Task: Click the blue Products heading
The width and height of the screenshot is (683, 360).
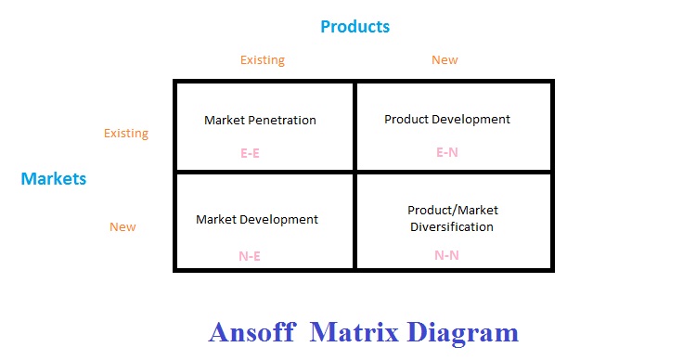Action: pos(355,27)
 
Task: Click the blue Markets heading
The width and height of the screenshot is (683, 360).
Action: pos(54,178)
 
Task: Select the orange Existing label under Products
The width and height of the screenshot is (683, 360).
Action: pos(263,59)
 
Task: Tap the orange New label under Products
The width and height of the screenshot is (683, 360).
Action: pos(445,59)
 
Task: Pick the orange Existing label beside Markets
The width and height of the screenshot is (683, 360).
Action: pos(126,133)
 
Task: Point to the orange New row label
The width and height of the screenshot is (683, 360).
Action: pos(122,226)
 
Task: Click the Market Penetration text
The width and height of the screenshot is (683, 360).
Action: pos(260,120)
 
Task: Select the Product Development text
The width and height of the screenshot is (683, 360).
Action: pos(447,120)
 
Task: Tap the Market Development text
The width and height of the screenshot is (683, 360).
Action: pos(257,219)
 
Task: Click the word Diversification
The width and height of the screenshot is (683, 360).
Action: pos(452,226)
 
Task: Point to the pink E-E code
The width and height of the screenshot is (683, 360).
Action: pos(250,153)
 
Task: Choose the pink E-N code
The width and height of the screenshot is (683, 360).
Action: pos(447,152)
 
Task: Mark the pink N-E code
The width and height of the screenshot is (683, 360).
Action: pos(250,256)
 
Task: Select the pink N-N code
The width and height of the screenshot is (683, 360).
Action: pos(447,255)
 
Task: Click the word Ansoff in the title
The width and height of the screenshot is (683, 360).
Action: pos(252,332)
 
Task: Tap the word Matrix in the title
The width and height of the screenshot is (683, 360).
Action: pos(354,332)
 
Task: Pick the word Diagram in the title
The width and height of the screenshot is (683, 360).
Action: pos(462,333)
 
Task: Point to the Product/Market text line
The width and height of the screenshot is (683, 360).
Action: pos(453,211)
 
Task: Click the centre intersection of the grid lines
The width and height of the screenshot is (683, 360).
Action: pos(355,173)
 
